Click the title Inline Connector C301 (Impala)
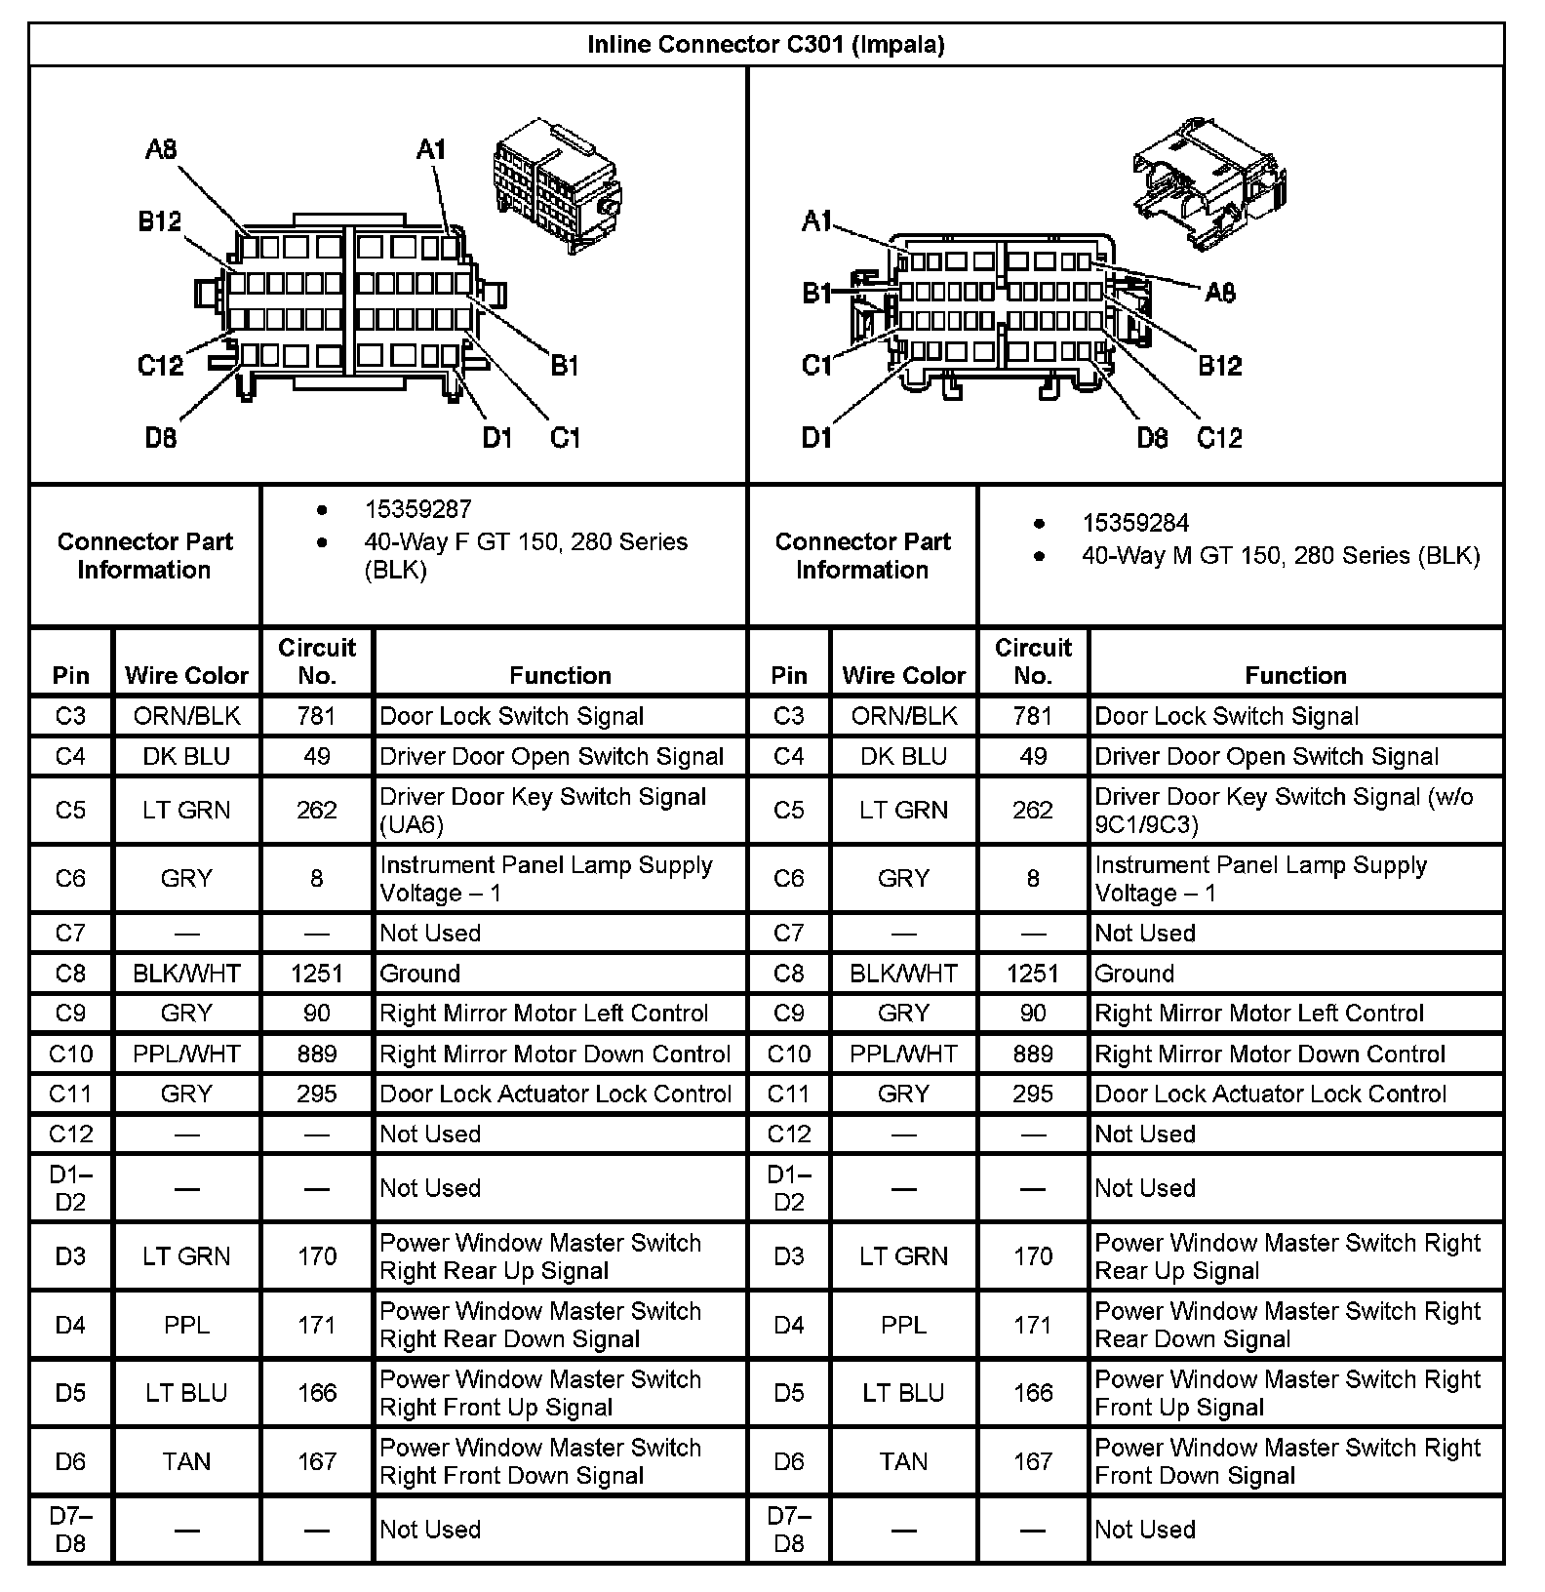766,45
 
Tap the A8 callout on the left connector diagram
160,149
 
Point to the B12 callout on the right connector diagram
1219,366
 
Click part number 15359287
417,509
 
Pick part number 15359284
1135,523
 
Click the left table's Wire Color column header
186,675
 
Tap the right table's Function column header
1295,675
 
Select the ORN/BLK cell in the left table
186,716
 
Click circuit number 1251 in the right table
1032,973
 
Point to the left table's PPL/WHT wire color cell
186,1054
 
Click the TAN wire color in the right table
903,1460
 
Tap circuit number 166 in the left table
317,1392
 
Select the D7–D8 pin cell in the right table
788,1529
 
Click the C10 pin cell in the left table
70,1054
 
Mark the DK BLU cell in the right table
903,756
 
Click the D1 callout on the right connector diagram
816,438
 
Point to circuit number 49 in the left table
317,756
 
